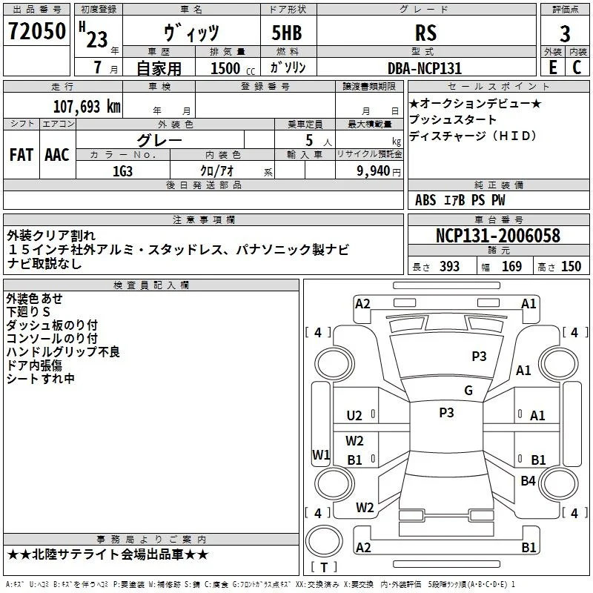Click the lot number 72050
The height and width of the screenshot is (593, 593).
(36, 30)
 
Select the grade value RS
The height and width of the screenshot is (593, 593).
(425, 33)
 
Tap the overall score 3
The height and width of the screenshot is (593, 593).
(565, 33)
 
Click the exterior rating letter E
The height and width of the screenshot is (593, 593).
(552, 67)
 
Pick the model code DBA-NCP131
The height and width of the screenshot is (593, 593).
(425, 68)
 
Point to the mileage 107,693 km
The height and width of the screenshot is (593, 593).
(87, 107)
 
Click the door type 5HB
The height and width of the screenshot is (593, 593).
(287, 33)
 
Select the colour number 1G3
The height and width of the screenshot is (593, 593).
(122, 171)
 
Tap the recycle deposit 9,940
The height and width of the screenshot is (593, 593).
(374, 171)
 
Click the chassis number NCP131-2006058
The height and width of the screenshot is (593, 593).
(497, 236)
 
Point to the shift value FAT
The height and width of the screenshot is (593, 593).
(21, 155)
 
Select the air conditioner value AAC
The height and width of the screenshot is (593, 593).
(57, 155)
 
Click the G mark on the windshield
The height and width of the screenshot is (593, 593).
(468, 390)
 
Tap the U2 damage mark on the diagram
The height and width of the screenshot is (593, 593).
(354, 416)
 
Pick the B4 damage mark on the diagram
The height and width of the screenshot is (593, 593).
(528, 480)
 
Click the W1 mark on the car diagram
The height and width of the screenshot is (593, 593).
(321, 454)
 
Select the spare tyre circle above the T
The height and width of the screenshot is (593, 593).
(324, 541)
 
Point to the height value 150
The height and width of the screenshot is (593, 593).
(571, 267)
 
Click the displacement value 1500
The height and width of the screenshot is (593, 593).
(225, 68)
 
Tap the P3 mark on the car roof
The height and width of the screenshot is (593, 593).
(446, 412)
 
